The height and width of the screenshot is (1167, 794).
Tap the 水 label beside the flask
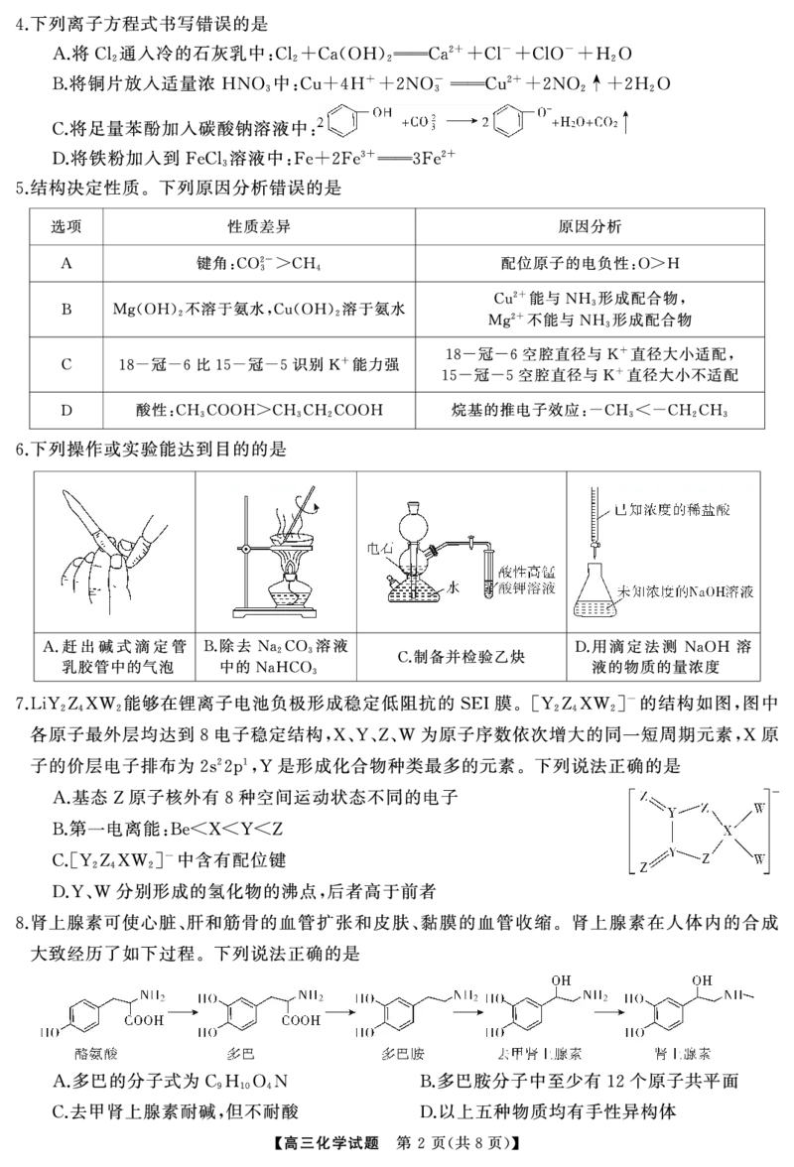click(x=453, y=587)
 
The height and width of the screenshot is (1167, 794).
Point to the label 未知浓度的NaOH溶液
click(x=686, y=591)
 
